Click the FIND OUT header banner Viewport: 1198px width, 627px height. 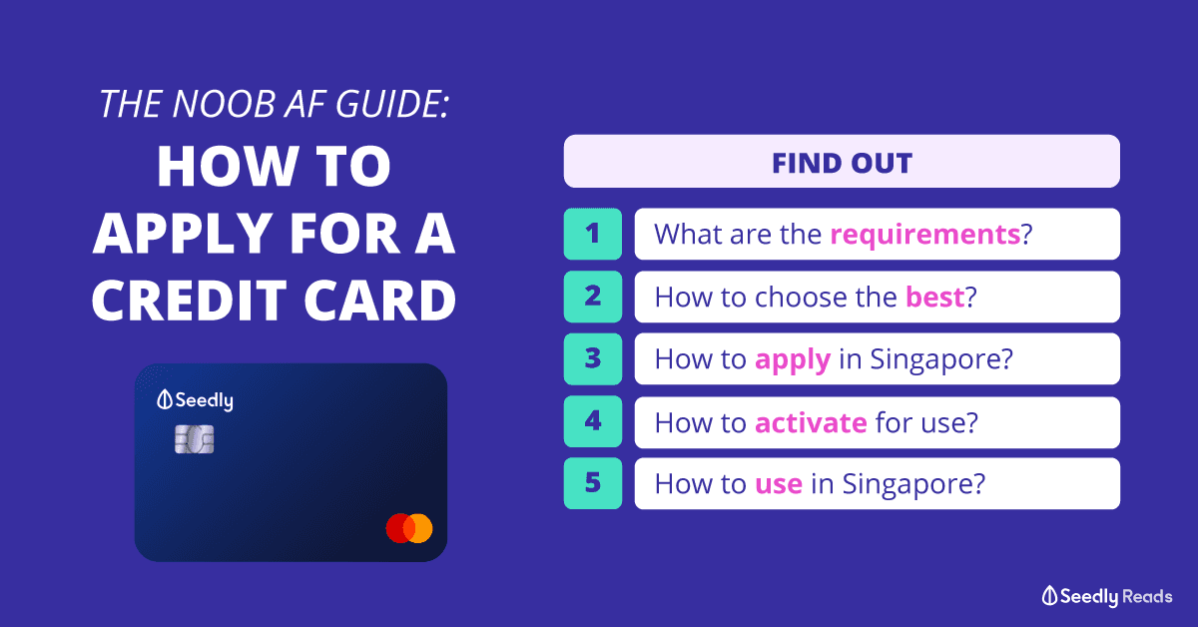pyautogui.click(x=842, y=161)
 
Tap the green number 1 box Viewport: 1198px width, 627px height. pyautogui.click(x=593, y=234)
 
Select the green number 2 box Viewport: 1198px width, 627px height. pyautogui.click(x=593, y=297)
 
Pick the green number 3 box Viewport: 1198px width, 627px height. pyautogui.click(x=593, y=359)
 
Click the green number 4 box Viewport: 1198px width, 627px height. pyautogui.click(x=593, y=421)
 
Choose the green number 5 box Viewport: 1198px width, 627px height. pyautogui.click(x=593, y=483)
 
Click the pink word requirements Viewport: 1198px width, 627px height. pyautogui.click(x=925, y=235)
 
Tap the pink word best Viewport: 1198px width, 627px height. pyautogui.click(x=934, y=297)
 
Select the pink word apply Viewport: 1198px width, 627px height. pyautogui.click(x=793, y=360)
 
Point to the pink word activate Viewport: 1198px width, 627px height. pyautogui.click(x=811, y=422)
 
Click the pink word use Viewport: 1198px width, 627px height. pyautogui.click(x=779, y=484)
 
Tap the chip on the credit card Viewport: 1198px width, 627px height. pyautogui.click(x=194, y=439)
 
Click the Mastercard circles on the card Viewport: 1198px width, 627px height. pyautogui.click(x=409, y=528)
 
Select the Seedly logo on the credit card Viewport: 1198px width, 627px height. pyautogui.click(x=195, y=400)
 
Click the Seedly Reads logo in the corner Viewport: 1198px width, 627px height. pyautogui.click(x=1106, y=596)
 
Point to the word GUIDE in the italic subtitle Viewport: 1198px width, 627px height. pyautogui.click(x=392, y=104)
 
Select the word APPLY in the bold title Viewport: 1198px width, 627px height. pyautogui.click(x=182, y=234)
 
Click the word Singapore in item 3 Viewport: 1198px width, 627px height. pyautogui.click(x=941, y=360)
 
